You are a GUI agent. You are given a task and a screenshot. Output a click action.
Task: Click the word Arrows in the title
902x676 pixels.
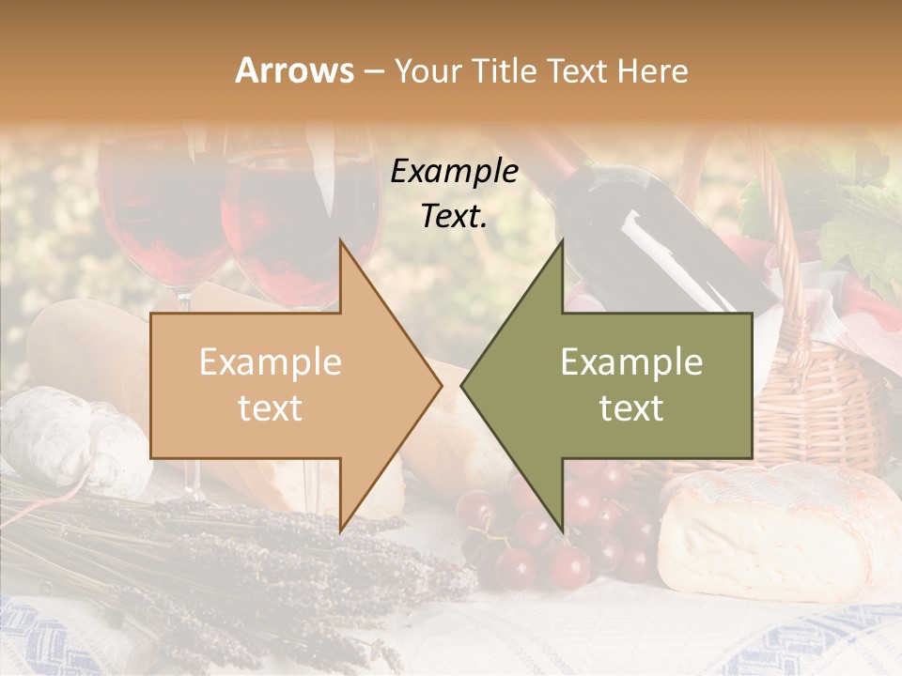(294, 70)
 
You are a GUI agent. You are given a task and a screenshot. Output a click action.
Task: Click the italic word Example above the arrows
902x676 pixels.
(454, 172)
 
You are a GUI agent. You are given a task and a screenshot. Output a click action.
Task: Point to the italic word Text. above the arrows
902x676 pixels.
(454, 216)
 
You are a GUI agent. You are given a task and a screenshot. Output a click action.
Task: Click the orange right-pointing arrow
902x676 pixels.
(282, 386)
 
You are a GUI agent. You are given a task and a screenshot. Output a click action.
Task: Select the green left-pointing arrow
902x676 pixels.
(620, 386)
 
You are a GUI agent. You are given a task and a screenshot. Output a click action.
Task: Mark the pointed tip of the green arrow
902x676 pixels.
(464, 386)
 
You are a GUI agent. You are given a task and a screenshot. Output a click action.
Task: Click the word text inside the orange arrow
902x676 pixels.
(270, 408)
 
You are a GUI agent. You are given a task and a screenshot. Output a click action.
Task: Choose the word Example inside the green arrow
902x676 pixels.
(631, 362)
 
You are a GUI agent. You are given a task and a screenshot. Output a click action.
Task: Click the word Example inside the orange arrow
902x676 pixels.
(270, 362)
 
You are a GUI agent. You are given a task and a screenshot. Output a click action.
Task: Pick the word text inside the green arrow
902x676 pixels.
(631, 408)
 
